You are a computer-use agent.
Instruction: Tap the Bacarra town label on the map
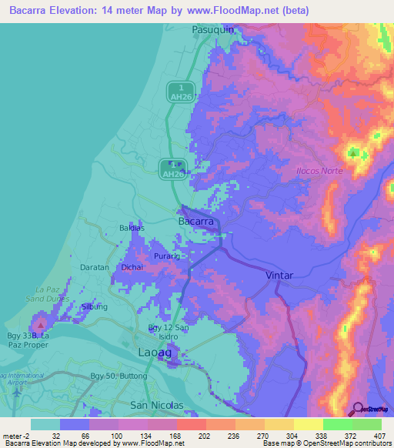[196, 221]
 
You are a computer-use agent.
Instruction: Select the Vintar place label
[280, 275]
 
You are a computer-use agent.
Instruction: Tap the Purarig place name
[165, 255]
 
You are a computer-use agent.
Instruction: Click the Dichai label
[132, 267]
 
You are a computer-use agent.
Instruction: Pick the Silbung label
[94, 306]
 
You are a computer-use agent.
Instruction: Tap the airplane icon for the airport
[17, 392]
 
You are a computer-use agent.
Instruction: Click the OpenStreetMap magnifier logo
[358, 408]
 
